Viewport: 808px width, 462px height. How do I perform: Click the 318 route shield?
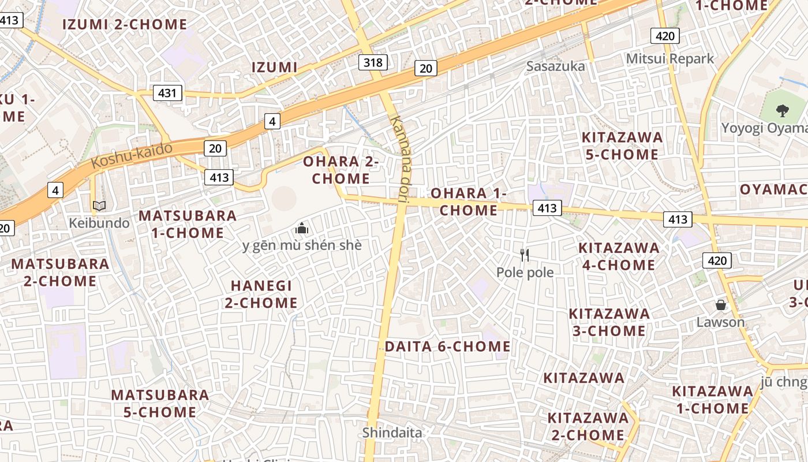pyautogui.click(x=372, y=62)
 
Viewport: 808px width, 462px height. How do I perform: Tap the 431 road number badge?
pyautogui.click(x=168, y=92)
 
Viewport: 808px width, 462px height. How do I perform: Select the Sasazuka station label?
pyautogui.click(x=555, y=66)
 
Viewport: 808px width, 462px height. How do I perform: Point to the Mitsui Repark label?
pyautogui.click(x=670, y=58)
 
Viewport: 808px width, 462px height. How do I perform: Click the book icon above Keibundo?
pyautogui.click(x=99, y=206)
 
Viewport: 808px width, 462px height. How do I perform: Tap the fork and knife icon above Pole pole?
pyautogui.click(x=525, y=255)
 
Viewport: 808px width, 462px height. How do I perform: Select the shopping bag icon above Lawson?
pyautogui.click(x=720, y=304)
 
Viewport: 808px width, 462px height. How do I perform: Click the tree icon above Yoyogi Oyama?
pyautogui.click(x=782, y=110)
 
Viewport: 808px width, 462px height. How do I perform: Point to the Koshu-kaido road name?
pyautogui.click(x=132, y=155)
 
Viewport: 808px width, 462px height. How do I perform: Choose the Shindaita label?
pyautogui.click(x=392, y=432)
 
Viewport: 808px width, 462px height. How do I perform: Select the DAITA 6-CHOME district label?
pyautogui.click(x=447, y=346)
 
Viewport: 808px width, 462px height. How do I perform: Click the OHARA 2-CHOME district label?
pyautogui.click(x=341, y=170)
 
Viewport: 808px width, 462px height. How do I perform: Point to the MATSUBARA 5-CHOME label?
pyautogui.click(x=160, y=403)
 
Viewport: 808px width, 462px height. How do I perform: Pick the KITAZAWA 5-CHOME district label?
pyautogui.click(x=622, y=146)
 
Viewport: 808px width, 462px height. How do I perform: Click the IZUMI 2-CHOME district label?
pyautogui.click(x=124, y=24)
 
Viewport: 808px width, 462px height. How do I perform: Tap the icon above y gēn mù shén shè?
pyautogui.click(x=301, y=228)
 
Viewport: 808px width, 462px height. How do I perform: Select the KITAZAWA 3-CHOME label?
pyautogui.click(x=609, y=322)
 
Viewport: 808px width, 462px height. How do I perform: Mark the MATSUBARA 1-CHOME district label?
pyautogui.click(x=188, y=224)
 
